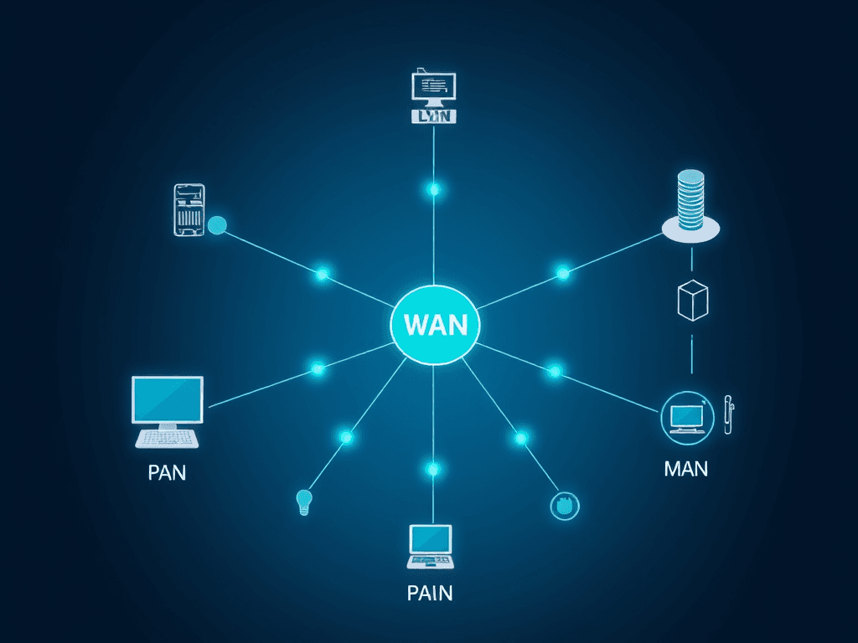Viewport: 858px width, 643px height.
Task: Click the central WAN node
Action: tap(434, 324)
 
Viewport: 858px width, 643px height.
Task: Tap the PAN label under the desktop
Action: tap(167, 471)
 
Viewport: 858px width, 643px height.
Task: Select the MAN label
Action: tap(685, 468)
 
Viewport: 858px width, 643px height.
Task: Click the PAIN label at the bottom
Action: tap(429, 594)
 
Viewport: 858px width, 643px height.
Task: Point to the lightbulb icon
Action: tap(303, 502)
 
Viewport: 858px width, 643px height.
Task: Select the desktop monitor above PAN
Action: tap(168, 399)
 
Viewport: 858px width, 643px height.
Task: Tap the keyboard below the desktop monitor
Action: tap(167, 438)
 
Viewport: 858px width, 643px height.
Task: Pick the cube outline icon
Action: tap(692, 300)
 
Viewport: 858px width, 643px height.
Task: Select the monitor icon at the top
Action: tap(433, 88)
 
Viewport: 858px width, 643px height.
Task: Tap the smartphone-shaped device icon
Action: tap(189, 209)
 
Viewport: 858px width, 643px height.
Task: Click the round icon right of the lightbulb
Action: tap(565, 504)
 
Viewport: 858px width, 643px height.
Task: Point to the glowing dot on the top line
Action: tap(433, 189)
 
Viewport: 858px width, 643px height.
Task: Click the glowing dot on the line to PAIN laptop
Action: tap(432, 469)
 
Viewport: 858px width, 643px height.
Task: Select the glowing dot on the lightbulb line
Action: tap(346, 436)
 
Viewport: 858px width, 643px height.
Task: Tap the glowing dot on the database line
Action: tap(562, 272)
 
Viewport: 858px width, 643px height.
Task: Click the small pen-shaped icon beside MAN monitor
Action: tap(728, 413)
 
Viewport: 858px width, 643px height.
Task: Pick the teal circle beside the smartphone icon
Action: tap(217, 224)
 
